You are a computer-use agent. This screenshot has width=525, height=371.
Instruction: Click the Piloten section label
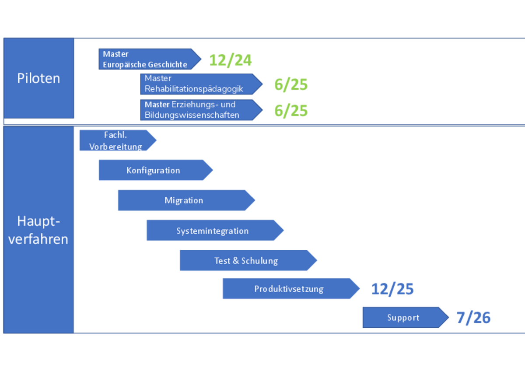point(38,78)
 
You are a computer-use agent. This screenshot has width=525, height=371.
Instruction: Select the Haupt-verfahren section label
point(38,230)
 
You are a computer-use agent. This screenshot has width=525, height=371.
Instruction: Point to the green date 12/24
point(230,60)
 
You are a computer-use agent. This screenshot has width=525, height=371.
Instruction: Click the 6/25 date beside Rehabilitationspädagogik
point(291,84)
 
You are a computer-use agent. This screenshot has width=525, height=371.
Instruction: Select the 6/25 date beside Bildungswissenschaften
point(291,111)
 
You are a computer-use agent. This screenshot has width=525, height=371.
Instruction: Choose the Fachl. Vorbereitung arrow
point(116,140)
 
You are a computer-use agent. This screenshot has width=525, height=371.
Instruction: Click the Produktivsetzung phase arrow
point(289,289)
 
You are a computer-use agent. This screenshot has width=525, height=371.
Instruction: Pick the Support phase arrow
point(404,318)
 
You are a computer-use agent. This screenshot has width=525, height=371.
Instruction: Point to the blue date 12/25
point(392,289)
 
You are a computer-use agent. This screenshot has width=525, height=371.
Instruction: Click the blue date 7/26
point(473,318)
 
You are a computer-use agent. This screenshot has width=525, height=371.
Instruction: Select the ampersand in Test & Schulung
point(236,261)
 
